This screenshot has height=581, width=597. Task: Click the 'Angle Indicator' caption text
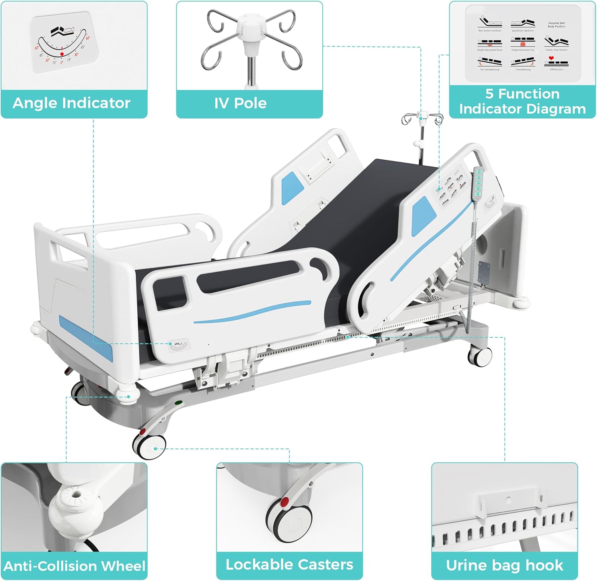[72, 103]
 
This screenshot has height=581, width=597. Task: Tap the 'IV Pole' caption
[240, 103]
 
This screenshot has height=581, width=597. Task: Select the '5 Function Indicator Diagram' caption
[522, 101]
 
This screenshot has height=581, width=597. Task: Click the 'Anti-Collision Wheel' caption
[74, 566]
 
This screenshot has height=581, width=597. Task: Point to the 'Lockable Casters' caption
[289, 564]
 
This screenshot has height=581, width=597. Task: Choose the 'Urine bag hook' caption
[504, 565]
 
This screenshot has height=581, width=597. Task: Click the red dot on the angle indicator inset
[62, 54]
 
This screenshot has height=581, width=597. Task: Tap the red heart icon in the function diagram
[551, 58]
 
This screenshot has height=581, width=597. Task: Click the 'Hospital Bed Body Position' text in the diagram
[556, 25]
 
